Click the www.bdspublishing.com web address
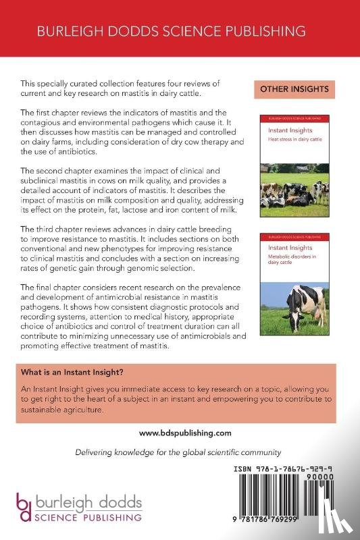(180, 433)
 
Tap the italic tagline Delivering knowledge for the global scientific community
(180, 452)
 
